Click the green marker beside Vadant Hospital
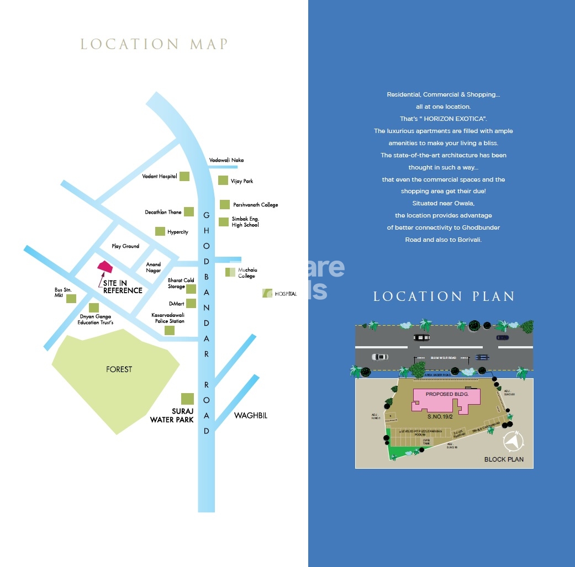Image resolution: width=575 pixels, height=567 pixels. click(x=184, y=177)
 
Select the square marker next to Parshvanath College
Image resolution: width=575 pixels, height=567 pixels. click(x=224, y=204)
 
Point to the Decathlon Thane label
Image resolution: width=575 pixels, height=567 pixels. click(x=163, y=212)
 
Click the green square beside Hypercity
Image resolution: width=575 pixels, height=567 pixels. click(x=160, y=231)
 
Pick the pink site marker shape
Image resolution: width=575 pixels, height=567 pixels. click(x=105, y=267)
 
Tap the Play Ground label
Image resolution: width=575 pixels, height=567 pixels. click(x=125, y=246)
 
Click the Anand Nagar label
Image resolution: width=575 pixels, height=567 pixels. click(x=154, y=268)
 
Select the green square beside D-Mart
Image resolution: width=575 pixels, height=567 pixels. click(x=191, y=303)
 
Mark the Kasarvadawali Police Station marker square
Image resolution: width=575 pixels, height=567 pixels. click(x=170, y=330)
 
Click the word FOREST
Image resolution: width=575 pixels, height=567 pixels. click(x=119, y=369)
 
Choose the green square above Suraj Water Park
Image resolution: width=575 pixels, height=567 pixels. click(x=188, y=399)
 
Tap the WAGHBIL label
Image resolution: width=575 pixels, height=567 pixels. click(x=250, y=415)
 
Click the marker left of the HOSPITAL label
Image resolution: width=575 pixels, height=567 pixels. click(x=267, y=293)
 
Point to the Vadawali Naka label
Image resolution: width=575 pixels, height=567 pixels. click(x=226, y=160)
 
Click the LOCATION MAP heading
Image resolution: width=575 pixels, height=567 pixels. click(x=154, y=44)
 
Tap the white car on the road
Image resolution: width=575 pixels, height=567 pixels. click(x=381, y=357)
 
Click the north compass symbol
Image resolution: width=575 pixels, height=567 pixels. click(x=514, y=441)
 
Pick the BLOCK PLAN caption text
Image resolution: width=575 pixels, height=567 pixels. click(x=504, y=459)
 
